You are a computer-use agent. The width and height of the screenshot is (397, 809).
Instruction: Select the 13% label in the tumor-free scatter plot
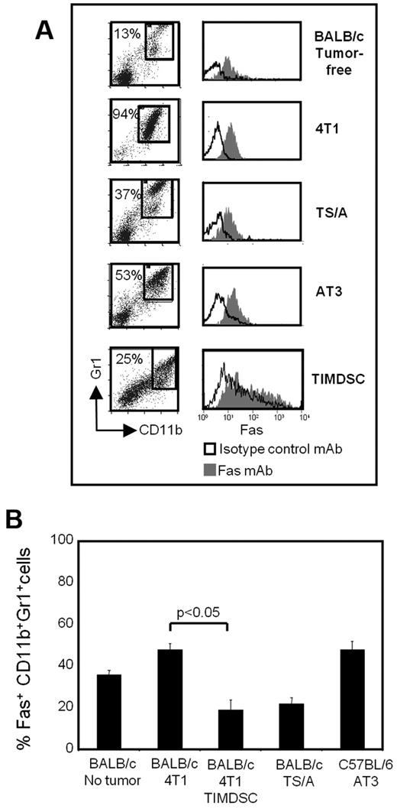click(x=124, y=31)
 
